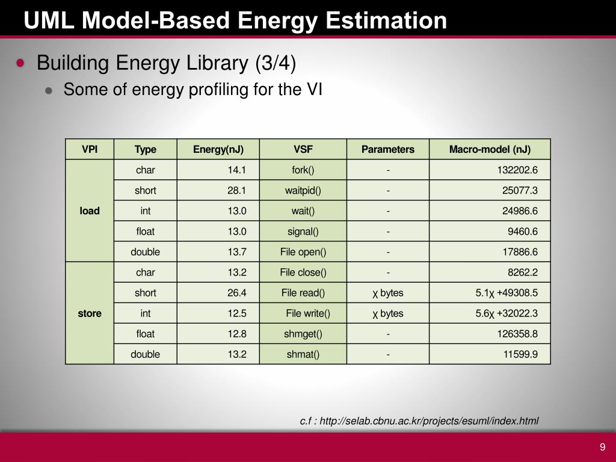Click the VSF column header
click(303, 149)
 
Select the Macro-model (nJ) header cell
click(490, 149)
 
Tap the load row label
click(90, 211)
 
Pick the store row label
click(90, 313)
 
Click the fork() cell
click(303, 170)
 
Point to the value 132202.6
click(517, 170)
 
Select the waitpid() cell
click(303, 191)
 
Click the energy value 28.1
click(237, 191)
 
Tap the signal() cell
click(303, 232)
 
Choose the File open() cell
click(303, 252)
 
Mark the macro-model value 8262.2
click(522, 273)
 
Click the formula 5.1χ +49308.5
click(506, 293)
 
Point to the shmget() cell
click(303, 334)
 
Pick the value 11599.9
click(520, 354)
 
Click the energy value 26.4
click(237, 293)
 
